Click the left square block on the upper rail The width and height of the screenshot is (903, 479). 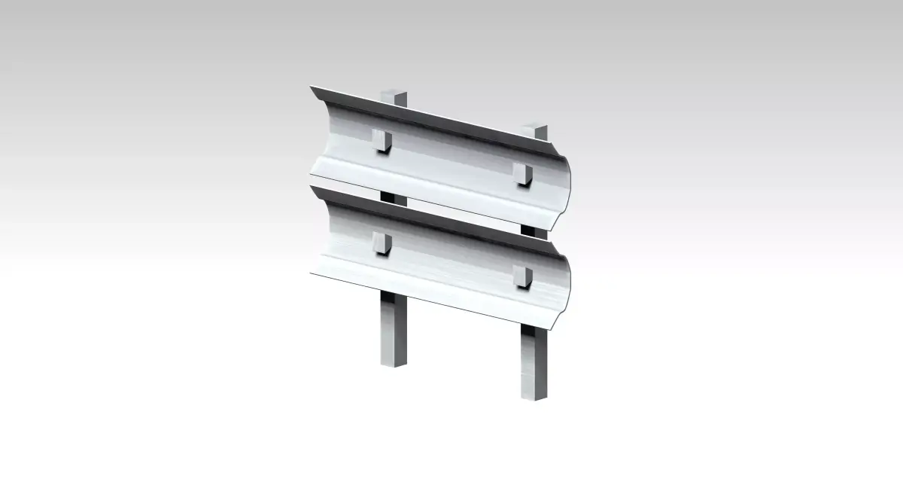pos(382,140)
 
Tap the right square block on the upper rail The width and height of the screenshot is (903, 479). pos(522,174)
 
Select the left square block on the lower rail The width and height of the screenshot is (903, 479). pos(382,244)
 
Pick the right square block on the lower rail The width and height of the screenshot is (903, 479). pos(522,276)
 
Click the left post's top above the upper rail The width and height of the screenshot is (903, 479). pos(394,98)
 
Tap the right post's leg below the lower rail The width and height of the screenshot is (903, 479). pos(534,362)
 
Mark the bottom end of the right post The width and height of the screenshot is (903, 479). pos(534,397)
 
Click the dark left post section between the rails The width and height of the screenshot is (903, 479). pos(394,198)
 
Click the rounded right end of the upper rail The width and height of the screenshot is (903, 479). pos(566,184)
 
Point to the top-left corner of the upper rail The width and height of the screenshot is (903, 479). pos(312,87)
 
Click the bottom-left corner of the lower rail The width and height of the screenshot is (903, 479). pos(312,276)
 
